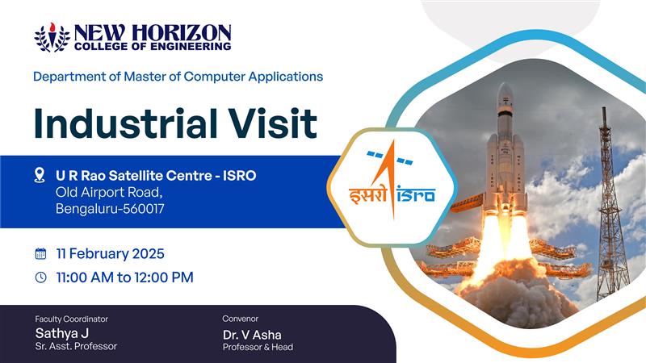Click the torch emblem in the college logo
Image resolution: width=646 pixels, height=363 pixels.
click(52, 37)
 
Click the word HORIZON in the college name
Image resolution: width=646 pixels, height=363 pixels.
click(182, 33)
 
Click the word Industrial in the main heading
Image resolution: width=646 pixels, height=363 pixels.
click(126, 123)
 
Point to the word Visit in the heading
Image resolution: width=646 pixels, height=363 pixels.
click(273, 123)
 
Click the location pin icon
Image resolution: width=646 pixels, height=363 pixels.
click(40, 175)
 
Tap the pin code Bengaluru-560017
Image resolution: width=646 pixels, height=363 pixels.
click(110, 209)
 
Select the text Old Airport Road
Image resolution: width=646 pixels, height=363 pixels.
click(109, 192)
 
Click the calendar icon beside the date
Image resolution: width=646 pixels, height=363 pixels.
click(40, 253)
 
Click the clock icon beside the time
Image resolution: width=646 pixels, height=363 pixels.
click(40, 277)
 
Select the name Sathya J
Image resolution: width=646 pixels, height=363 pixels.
click(62, 333)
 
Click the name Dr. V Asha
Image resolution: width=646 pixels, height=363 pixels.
click(252, 335)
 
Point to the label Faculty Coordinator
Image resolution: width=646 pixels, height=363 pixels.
click(72, 319)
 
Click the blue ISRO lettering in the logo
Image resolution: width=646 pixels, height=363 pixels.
click(416, 194)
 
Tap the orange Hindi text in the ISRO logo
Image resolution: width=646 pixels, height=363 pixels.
click(368, 195)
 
